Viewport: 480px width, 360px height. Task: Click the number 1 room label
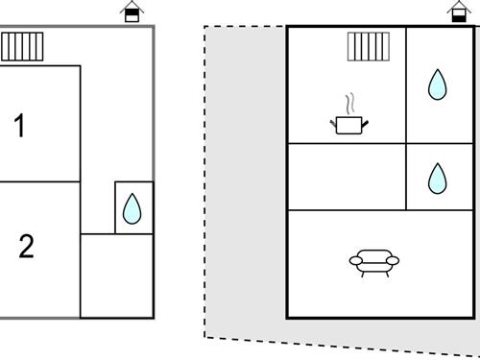[20, 126]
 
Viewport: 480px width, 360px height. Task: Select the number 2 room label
[26, 247]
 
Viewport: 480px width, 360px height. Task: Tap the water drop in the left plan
[133, 207]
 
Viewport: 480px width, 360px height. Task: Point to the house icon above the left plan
[133, 12]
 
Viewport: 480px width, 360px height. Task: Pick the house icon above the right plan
[458, 12]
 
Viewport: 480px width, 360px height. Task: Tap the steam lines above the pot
[351, 102]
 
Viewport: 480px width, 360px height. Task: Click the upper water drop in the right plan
[438, 85]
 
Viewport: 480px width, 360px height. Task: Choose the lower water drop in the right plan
[437, 177]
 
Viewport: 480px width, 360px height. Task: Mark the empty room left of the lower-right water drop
[347, 177]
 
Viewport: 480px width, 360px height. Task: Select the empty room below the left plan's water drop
[116, 276]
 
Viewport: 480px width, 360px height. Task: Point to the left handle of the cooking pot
[333, 120]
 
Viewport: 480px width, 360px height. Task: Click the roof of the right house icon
[458, 6]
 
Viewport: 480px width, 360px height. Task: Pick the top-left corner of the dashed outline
[205, 26]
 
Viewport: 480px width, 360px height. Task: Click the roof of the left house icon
[133, 6]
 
